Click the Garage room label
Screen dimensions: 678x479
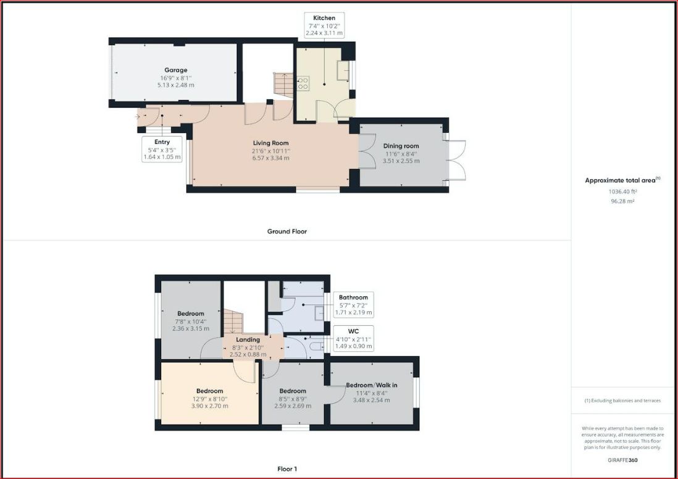coord(175,70)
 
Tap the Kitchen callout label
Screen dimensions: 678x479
coord(324,18)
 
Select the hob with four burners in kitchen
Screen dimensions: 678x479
coord(303,83)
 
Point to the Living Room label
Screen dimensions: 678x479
coord(270,143)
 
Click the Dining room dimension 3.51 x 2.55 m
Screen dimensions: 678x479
coord(401,161)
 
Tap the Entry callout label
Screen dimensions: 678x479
coord(162,142)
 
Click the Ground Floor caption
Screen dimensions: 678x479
coord(287,231)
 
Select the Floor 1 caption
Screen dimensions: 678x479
coord(287,469)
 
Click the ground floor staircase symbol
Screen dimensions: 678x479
coord(283,85)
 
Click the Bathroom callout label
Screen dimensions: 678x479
coord(353,298)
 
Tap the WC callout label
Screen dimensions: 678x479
coord(353,331)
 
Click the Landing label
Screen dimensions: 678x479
coord(248,339)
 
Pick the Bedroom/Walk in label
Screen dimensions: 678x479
coord(372,385)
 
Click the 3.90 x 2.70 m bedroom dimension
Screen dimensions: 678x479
coord(210,406)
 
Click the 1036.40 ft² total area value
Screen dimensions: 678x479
coord(622,191)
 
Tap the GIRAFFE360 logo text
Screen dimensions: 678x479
coord(622,460)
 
